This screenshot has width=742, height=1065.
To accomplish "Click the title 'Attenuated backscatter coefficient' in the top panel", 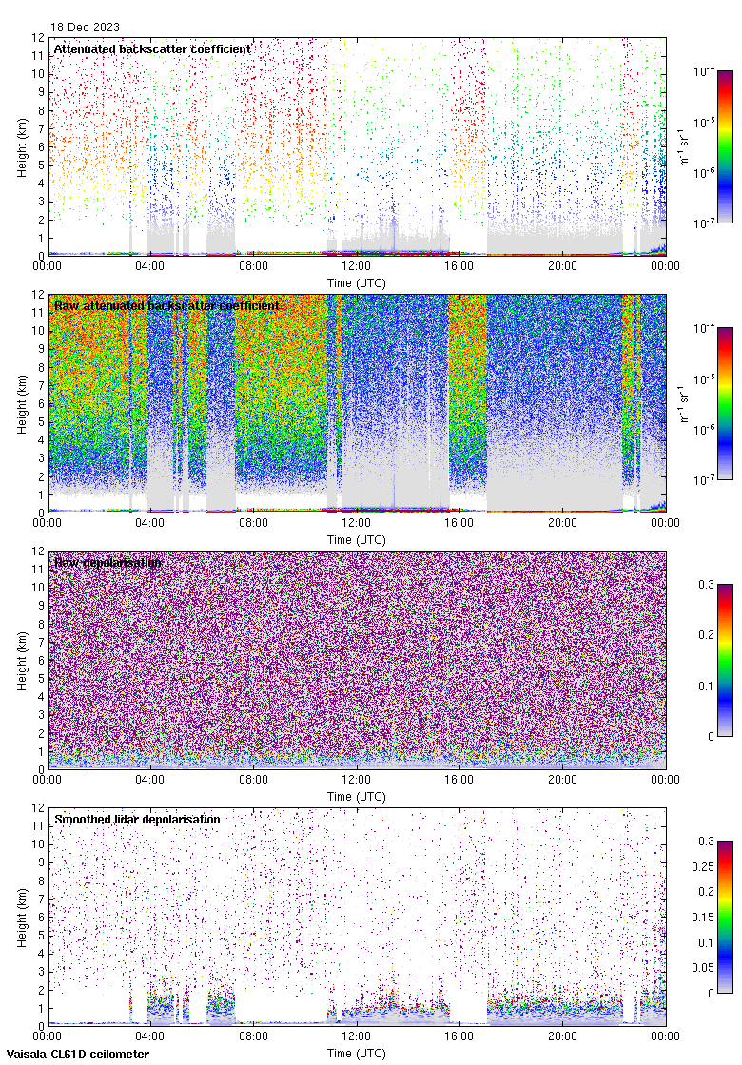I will [152, 48].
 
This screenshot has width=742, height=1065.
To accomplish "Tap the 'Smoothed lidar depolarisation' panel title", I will [137, 819].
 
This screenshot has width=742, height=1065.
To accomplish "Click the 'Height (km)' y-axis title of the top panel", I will [21, 146].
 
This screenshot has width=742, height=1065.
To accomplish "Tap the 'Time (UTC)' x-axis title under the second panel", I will [356, 539].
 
